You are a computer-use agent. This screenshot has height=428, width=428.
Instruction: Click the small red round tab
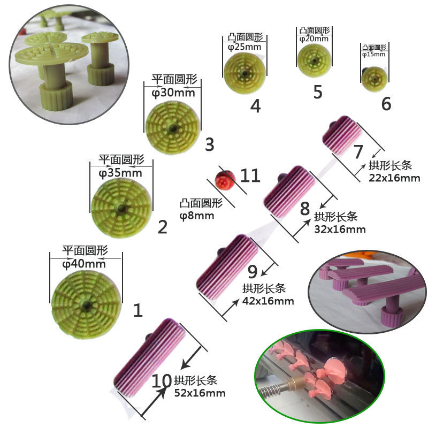click(223, 180)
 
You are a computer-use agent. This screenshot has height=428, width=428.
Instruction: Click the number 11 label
click(250, 175)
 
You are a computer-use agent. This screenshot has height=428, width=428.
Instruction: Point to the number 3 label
click(209, 144)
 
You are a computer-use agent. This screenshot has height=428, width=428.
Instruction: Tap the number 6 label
click(386, 104)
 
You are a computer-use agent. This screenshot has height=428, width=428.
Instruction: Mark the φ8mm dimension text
click(197, 216)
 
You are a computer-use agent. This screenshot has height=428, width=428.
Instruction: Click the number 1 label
click(138, 310)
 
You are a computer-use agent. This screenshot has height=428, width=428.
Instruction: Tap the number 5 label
click(318, 92)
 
